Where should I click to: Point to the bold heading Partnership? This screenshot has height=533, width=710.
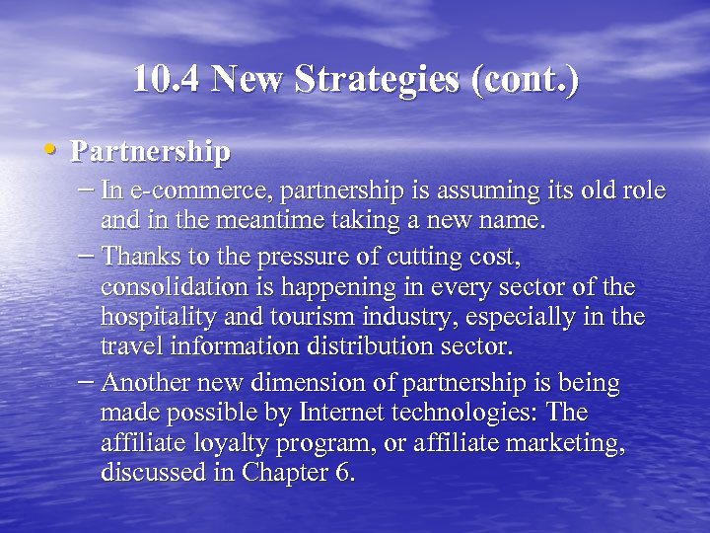152,152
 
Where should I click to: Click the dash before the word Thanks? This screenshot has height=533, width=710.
85,255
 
